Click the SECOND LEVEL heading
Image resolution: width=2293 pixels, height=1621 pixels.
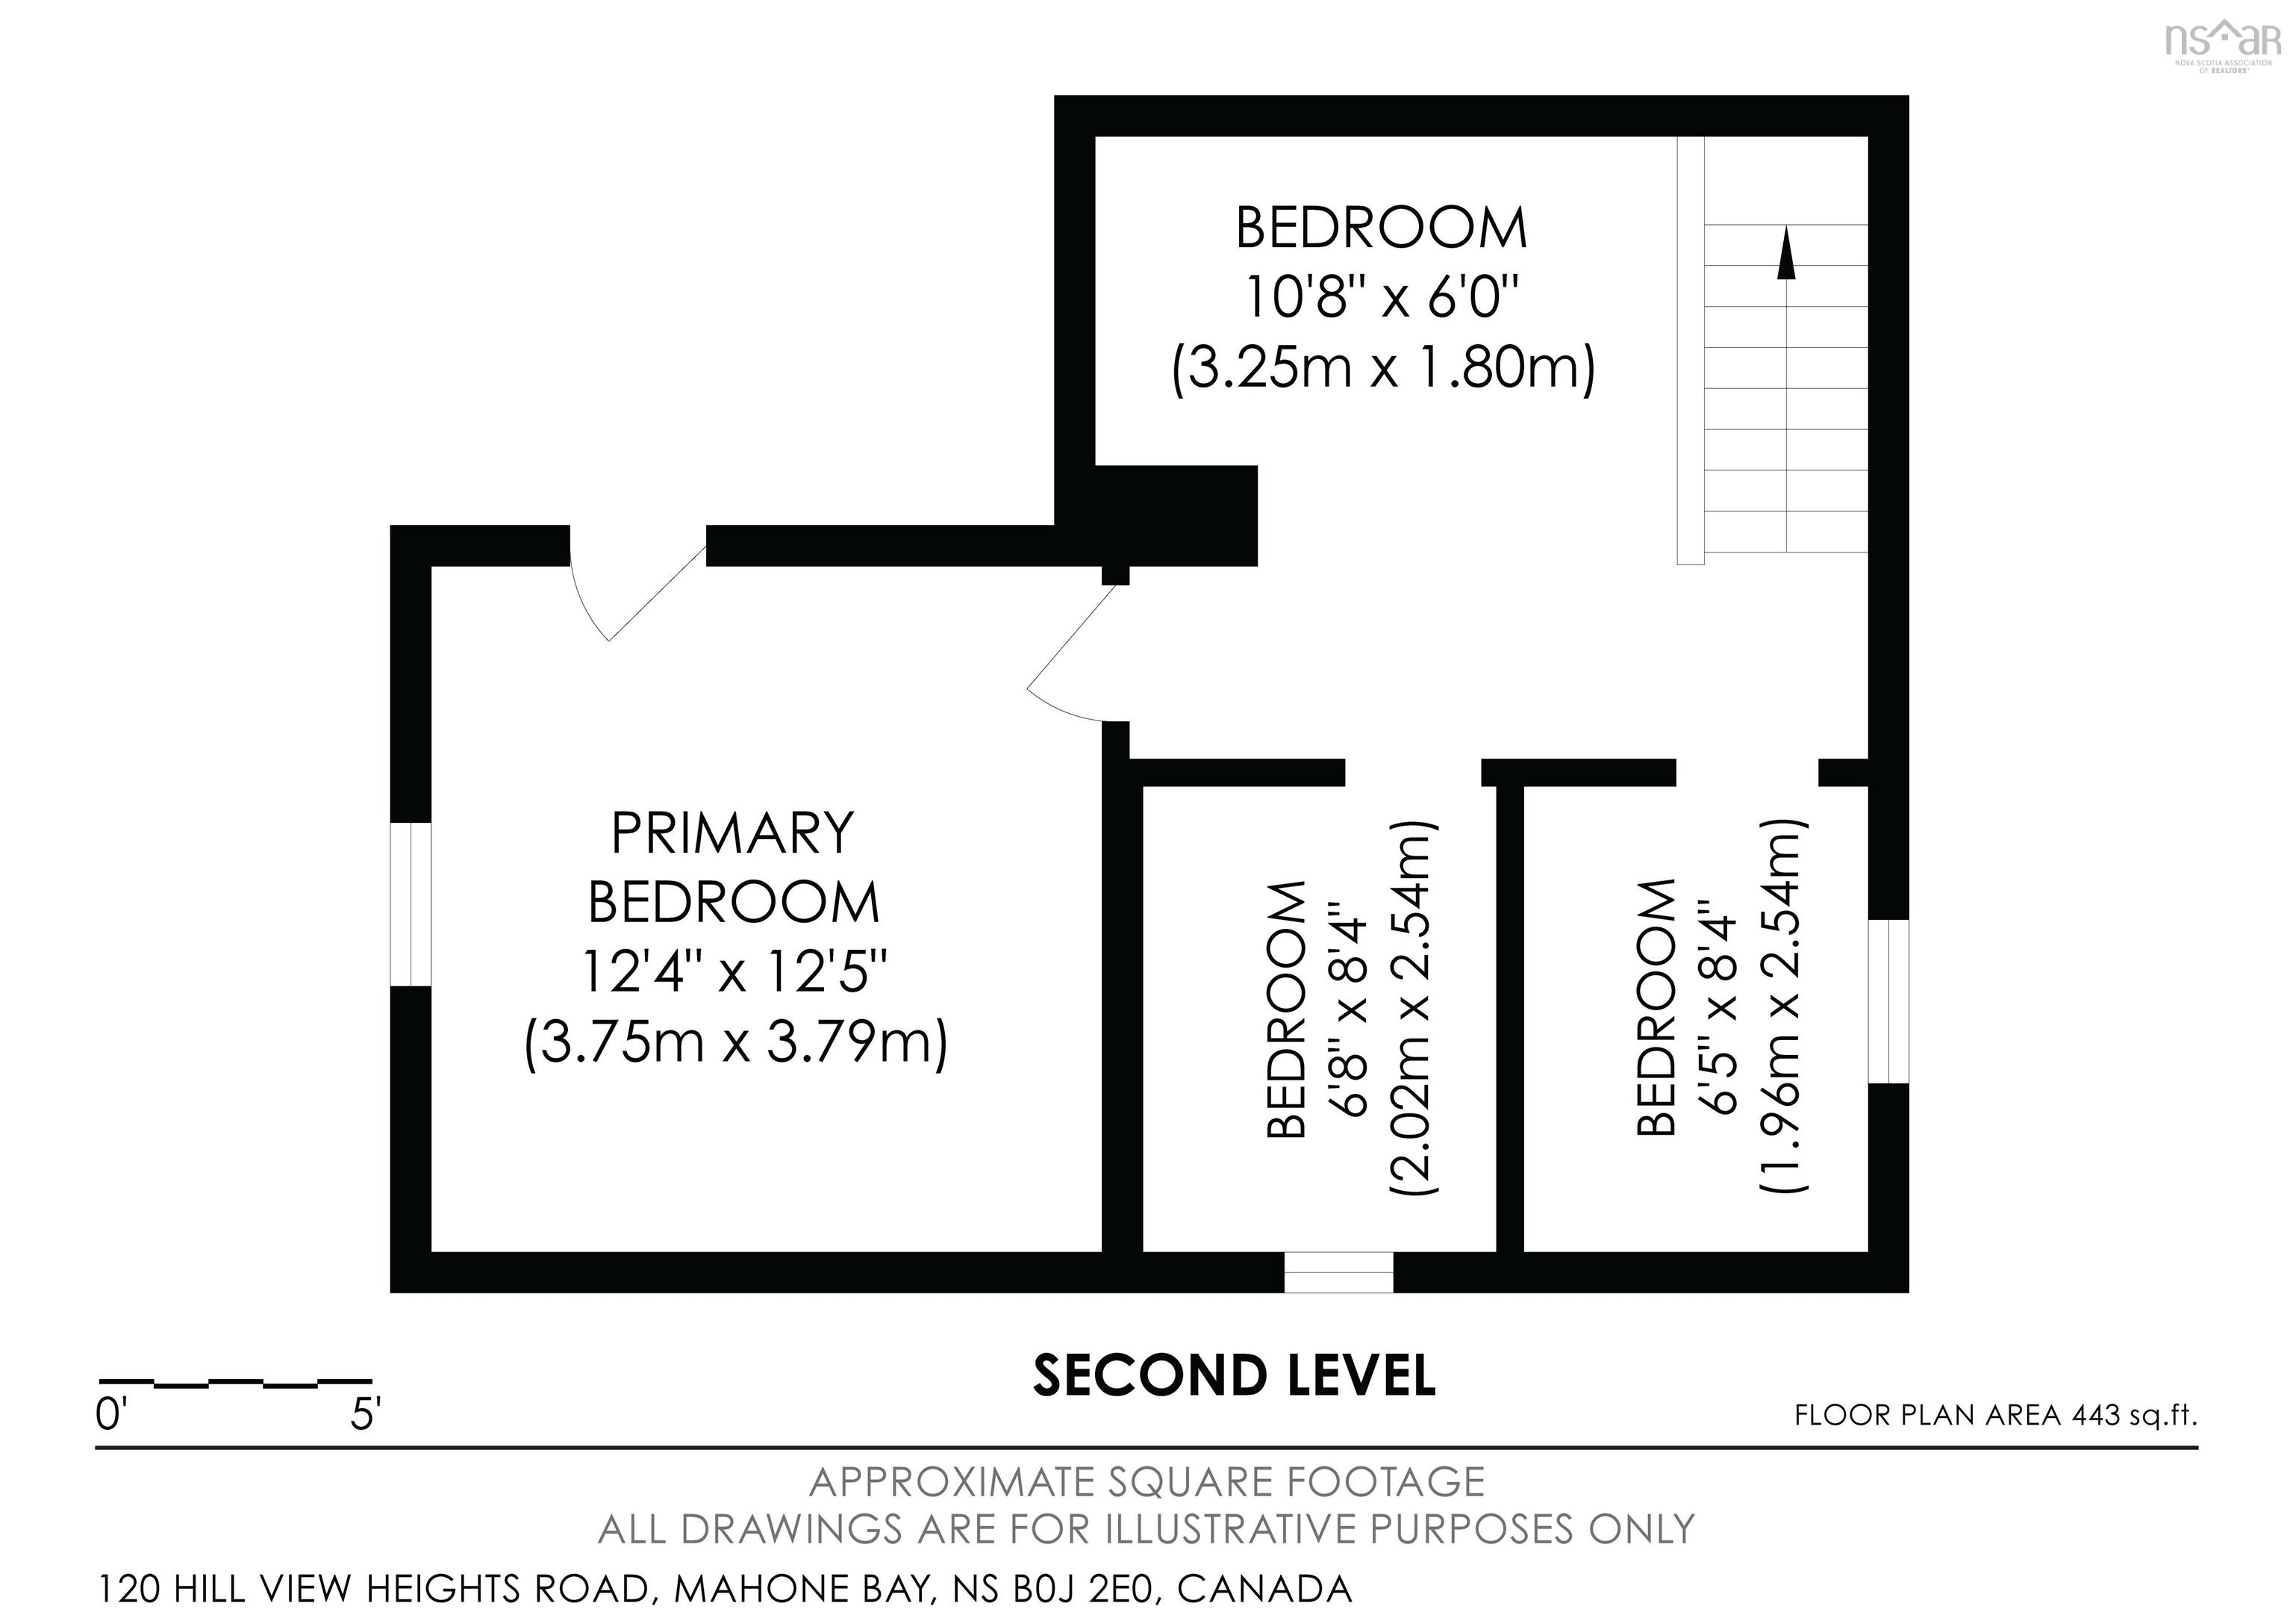(1233, 1376)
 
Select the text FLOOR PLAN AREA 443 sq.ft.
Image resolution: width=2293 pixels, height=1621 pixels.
(1995, 1415)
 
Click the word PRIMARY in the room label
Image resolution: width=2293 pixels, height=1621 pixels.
(732, 833)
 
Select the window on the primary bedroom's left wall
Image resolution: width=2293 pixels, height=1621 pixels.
(411, 904)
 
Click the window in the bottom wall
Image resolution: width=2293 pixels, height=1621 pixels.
(1338, 1272)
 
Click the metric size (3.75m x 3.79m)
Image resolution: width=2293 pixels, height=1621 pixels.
(736, 1044)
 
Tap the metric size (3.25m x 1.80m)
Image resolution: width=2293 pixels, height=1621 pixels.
(1383, 367)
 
